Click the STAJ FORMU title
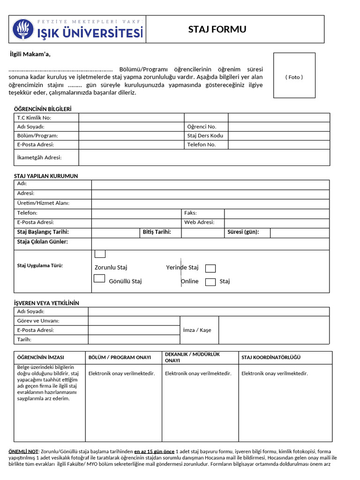click(217, 30)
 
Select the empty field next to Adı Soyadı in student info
click(131, 127)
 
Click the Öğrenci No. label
click(202, 127)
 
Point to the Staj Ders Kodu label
click(205, 135)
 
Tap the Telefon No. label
click(201, 144)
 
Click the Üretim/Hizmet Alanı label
click(43, 203)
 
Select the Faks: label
click(190, 213)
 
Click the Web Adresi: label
click(199, 222)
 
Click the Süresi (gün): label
click(243, 232)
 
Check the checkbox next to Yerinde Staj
click(210, 268)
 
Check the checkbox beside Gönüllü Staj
click(99, 278)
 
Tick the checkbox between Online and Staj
click(210, 282)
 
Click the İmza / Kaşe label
click(199, 330)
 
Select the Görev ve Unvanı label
click(38, 321)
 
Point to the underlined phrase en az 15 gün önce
click(154, 451)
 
